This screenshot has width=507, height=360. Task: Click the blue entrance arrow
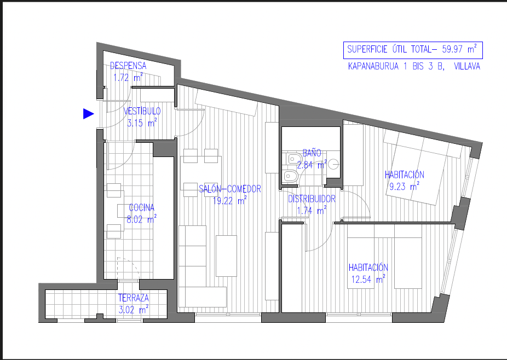(88, 114)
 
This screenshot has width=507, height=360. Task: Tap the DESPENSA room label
(128, 66)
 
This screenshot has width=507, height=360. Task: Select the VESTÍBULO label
(142, 111)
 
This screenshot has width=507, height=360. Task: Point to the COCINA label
(141, 207)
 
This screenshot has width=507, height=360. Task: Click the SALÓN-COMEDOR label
(229, 189)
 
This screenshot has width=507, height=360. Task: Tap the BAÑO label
(312, 153)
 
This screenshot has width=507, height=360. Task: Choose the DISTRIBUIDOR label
(312, 199)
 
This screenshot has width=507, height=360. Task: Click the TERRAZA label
(133, 298)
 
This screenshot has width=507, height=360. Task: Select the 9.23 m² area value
(404, 187)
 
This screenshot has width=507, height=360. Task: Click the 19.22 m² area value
(229, 201)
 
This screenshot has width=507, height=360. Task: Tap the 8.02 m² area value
(141, 219)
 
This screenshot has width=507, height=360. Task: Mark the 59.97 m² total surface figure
(459, 49)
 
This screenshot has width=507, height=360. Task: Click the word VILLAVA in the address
(467, 66)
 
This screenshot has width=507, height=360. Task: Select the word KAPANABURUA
(373, 66)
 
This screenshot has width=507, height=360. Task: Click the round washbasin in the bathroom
(333, 165)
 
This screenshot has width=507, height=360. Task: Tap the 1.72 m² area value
(128, 78)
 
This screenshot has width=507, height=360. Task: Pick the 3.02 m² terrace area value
(133, 310)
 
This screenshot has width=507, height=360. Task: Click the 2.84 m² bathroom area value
(312, 165)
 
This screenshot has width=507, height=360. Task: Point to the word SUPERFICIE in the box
(367, 49)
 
